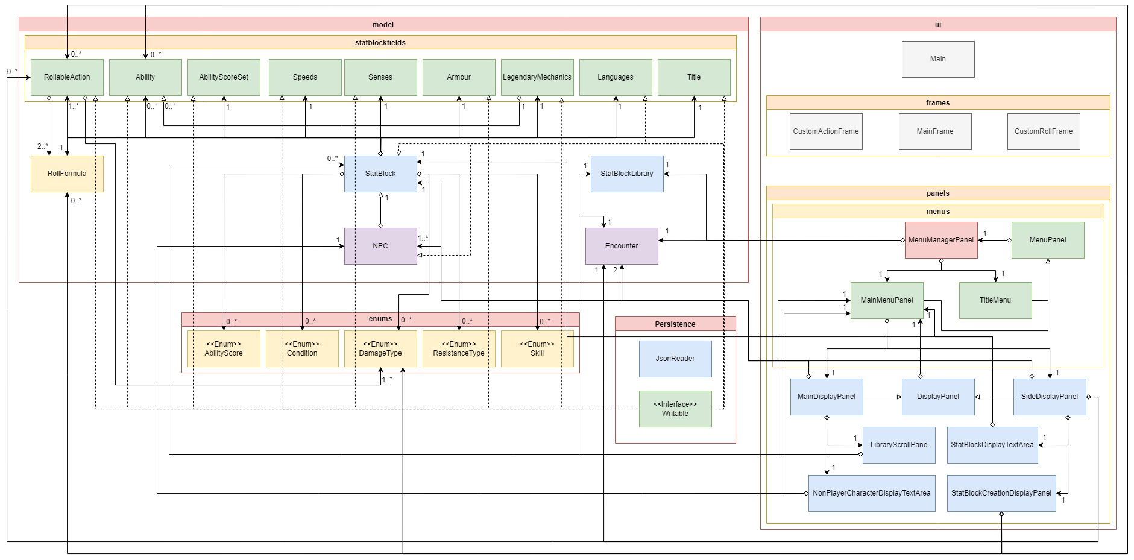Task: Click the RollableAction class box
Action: [x=67, y=77]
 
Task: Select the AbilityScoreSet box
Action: [x=224, y=77]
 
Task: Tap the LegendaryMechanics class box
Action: [x=537, y=77]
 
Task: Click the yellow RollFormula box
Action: [x=67, y=174]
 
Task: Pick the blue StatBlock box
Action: [x=380, y=174]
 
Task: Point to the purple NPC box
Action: [x=380, y=246]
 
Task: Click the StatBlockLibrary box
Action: [x=626, y=174]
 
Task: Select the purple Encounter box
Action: [x=622, y=246]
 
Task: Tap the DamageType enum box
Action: [x=380, y=349]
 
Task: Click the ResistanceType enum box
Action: [x=459, y=349]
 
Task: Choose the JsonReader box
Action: [x=675, y=359]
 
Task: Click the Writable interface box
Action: [x=675, y=409]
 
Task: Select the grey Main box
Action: [x=937, y=59]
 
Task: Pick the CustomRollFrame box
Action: [x=1043, y=131]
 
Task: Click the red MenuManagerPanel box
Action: [x=940, y=240]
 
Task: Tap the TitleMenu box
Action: [x=995, y=300]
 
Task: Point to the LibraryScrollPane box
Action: [x=898, y=445]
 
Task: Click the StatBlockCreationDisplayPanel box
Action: [x=1001, y=493]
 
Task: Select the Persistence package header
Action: [x=675, y=324]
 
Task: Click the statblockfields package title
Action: [x=380, y=43]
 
